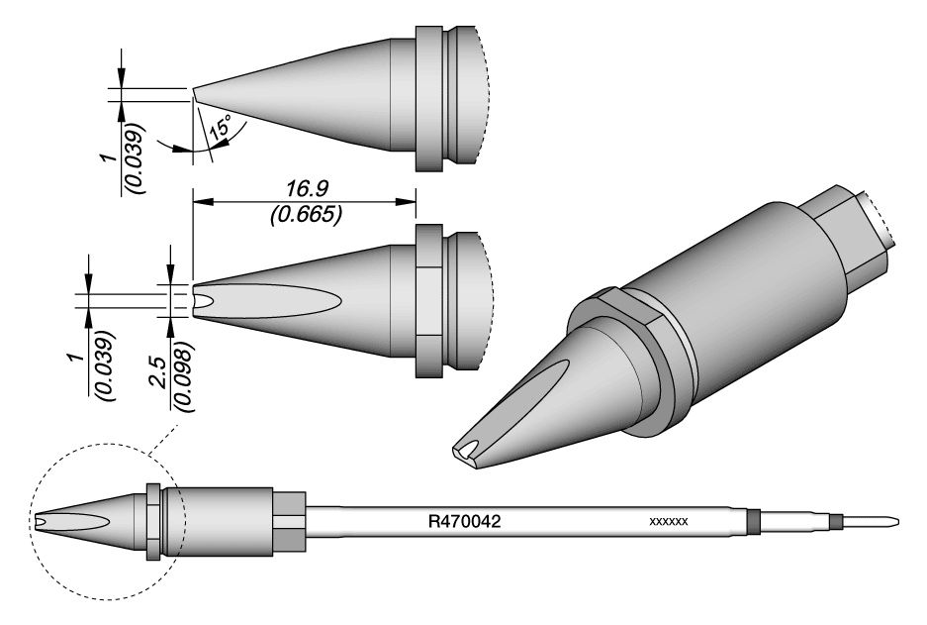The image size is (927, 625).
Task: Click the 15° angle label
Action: tap(219, 127)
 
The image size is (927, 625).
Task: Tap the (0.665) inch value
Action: tap(305, 214)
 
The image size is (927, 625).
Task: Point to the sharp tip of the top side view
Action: tap(194, 93)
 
